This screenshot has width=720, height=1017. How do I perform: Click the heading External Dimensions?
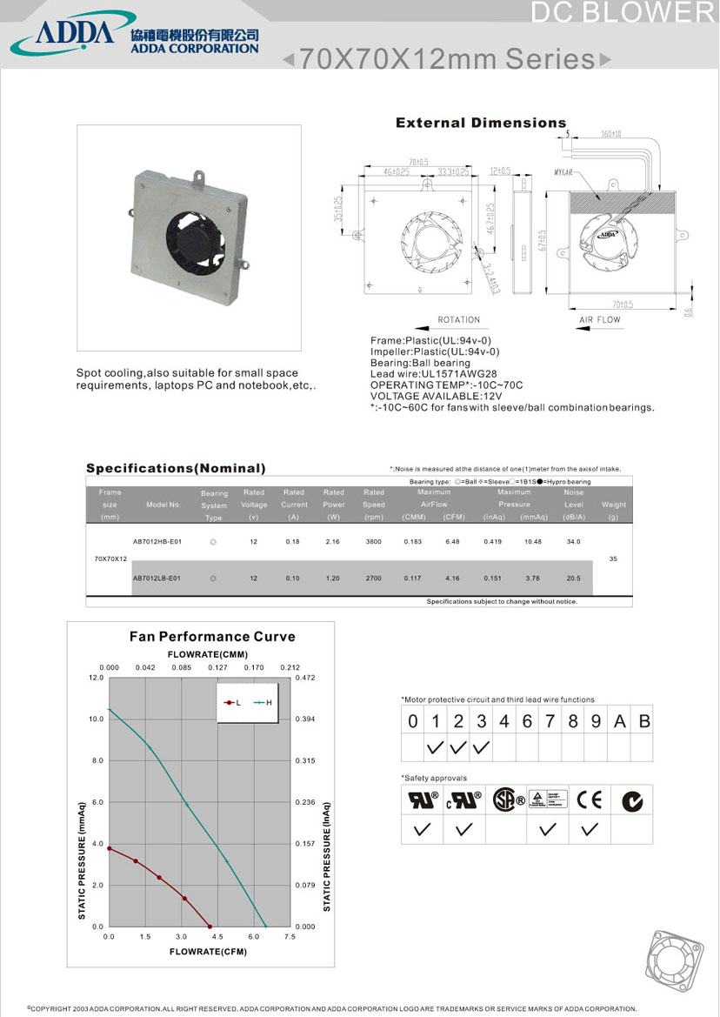pos(481,123)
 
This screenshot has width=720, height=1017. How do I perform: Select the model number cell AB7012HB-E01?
pos(157,541)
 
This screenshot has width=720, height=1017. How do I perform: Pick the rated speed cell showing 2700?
pos(374,578)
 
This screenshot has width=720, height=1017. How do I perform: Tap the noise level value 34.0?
pos(574,541)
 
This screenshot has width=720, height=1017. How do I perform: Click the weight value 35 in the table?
pos(613,559)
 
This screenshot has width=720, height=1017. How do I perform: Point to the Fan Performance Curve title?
pos(212,636)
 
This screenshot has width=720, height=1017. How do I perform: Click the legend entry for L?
pos(233,702)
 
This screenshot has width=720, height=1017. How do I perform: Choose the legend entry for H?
pos(263,702)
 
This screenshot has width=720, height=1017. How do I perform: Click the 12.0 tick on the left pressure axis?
pos(97,677)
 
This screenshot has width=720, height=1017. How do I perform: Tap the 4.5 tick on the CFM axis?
pos(217,937)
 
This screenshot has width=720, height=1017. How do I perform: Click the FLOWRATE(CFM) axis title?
pos(208,952)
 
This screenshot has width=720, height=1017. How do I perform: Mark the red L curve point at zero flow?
pos(109,848)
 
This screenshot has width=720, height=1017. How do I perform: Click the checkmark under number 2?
pos(458,747)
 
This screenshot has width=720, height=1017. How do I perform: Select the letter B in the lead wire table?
pos(643,721)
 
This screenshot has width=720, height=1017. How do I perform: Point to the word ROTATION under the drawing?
pos(459,320)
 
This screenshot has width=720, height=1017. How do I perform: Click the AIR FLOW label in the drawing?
pos(600,320)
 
